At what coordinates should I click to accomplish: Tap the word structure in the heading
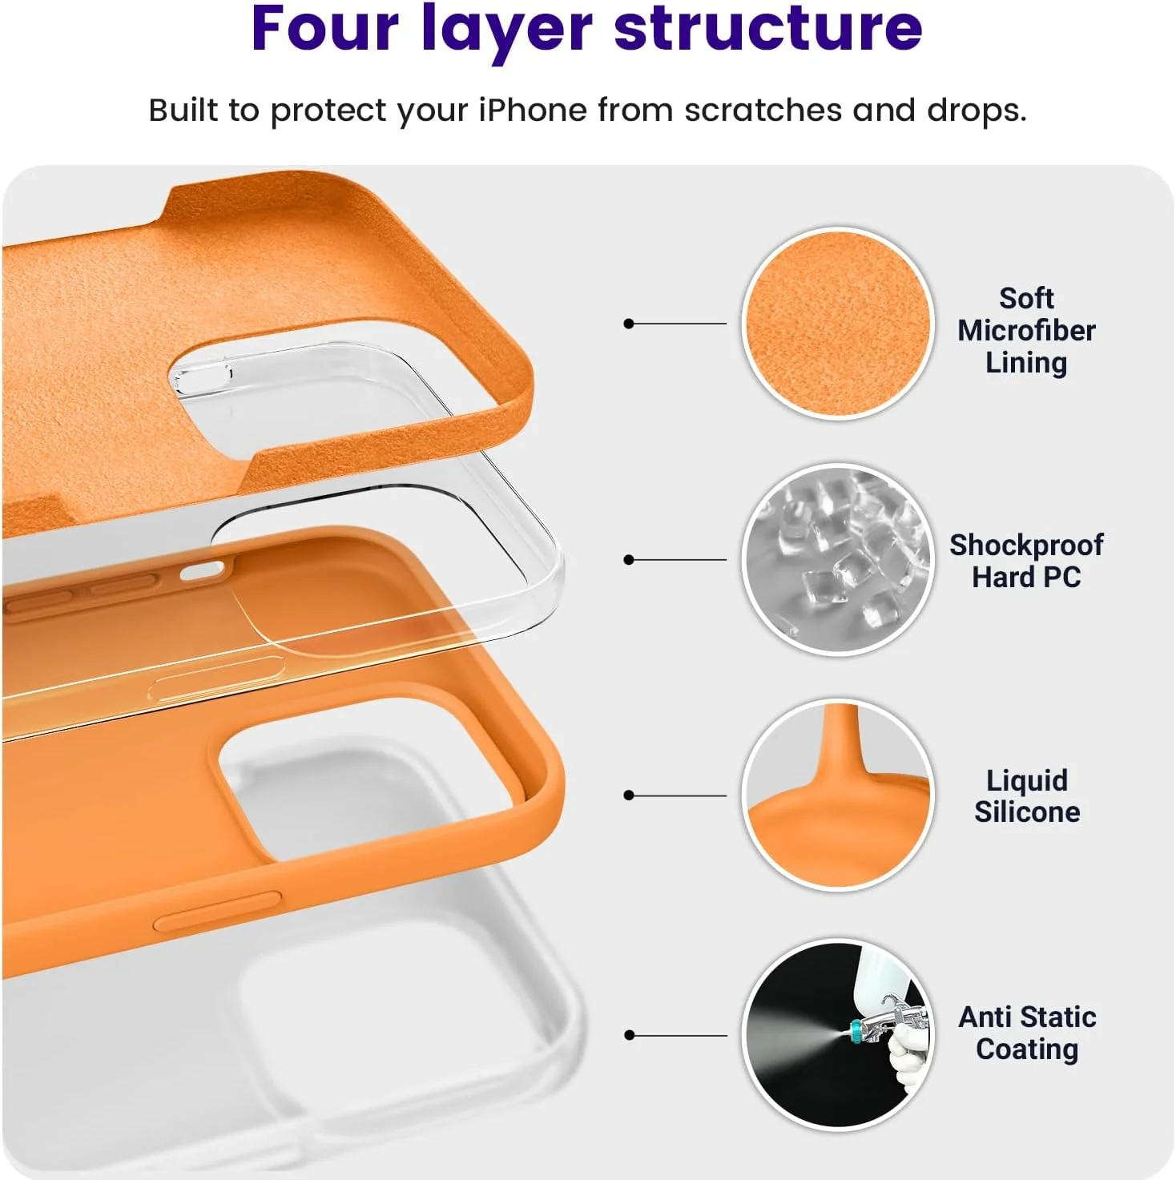click(x=768, y=30)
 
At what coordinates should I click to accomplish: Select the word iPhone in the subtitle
click(x=532, y=111)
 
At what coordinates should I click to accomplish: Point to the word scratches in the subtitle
click(x=763, y=111)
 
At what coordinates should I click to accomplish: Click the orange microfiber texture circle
click(x=837, y=324)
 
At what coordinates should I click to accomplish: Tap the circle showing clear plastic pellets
click(x=837, y=559)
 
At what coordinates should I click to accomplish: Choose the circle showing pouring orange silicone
click(x=837, y=795)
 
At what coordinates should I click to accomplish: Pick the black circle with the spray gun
click(x=837, y=1034)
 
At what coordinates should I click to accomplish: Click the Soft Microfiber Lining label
click(x=1026, y=331)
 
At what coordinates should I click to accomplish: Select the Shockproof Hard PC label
click(x=1026, y=560)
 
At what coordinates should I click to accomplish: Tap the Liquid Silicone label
click(x=1027, y=796)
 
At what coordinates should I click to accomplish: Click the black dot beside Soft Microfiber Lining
click(x=628, y=324)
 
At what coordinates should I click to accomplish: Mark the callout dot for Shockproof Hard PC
click(x=628, y=560)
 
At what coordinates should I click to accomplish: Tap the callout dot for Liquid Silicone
click(x=628, y=795)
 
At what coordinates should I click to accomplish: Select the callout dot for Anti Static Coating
click(x=629, y=1035)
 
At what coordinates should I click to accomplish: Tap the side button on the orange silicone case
click(x=217, y=911)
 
